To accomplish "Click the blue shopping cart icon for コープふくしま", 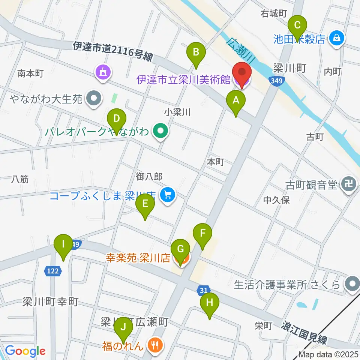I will [x=167, y=195].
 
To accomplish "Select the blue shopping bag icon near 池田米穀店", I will [x=337, y=38].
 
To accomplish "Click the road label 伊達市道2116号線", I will [x=112, y=51].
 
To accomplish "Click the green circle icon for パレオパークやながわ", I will [x=161, y=131].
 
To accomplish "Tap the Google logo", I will [x=25, y=351].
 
